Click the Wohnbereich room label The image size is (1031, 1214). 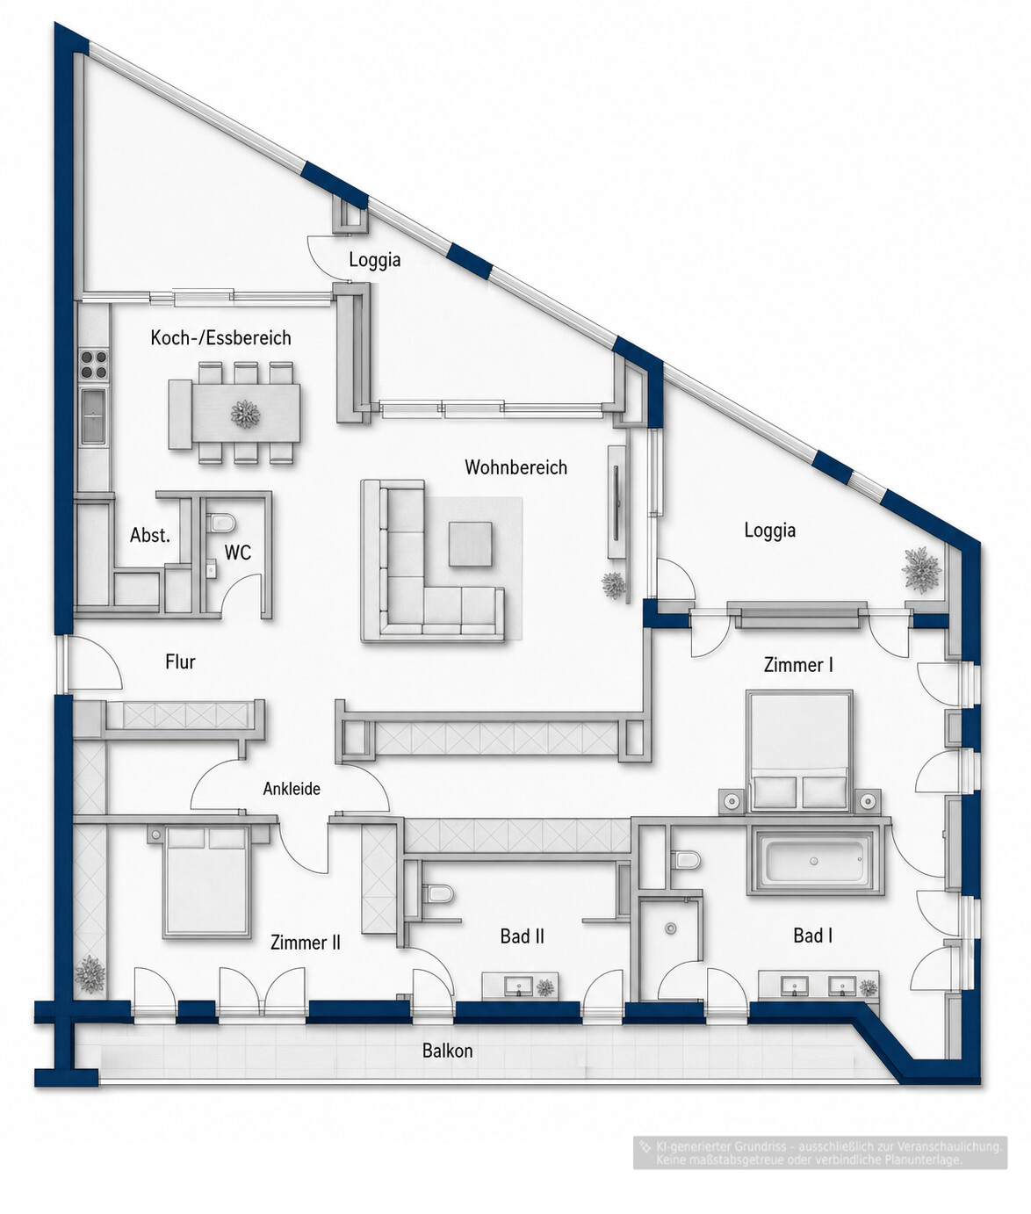(x=515, y=467)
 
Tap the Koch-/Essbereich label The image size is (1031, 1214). (x=220, y=337)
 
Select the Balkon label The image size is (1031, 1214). (x=447, y=1051)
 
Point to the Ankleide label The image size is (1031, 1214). (x=292, y=788)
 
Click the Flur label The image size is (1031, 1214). (x=180, y=662)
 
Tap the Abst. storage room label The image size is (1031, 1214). (x=149, y=535)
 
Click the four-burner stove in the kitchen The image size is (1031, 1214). (x=93, y=365)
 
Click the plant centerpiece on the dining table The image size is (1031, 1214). (x=245, y=414)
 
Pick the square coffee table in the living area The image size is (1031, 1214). (x=471, y=543)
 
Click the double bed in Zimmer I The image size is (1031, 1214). (x=799, y=752)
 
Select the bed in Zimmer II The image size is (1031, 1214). (x=205, y=881)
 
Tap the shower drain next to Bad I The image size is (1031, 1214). (x=671, y=929)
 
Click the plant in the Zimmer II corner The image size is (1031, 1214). (x=90, y=974)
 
